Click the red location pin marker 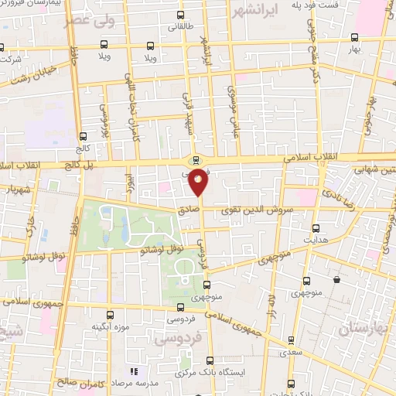[199, 183]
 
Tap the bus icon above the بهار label [353, 37]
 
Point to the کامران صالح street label [76, 381]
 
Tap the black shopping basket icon [337, 278]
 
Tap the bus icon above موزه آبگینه [109, 315]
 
